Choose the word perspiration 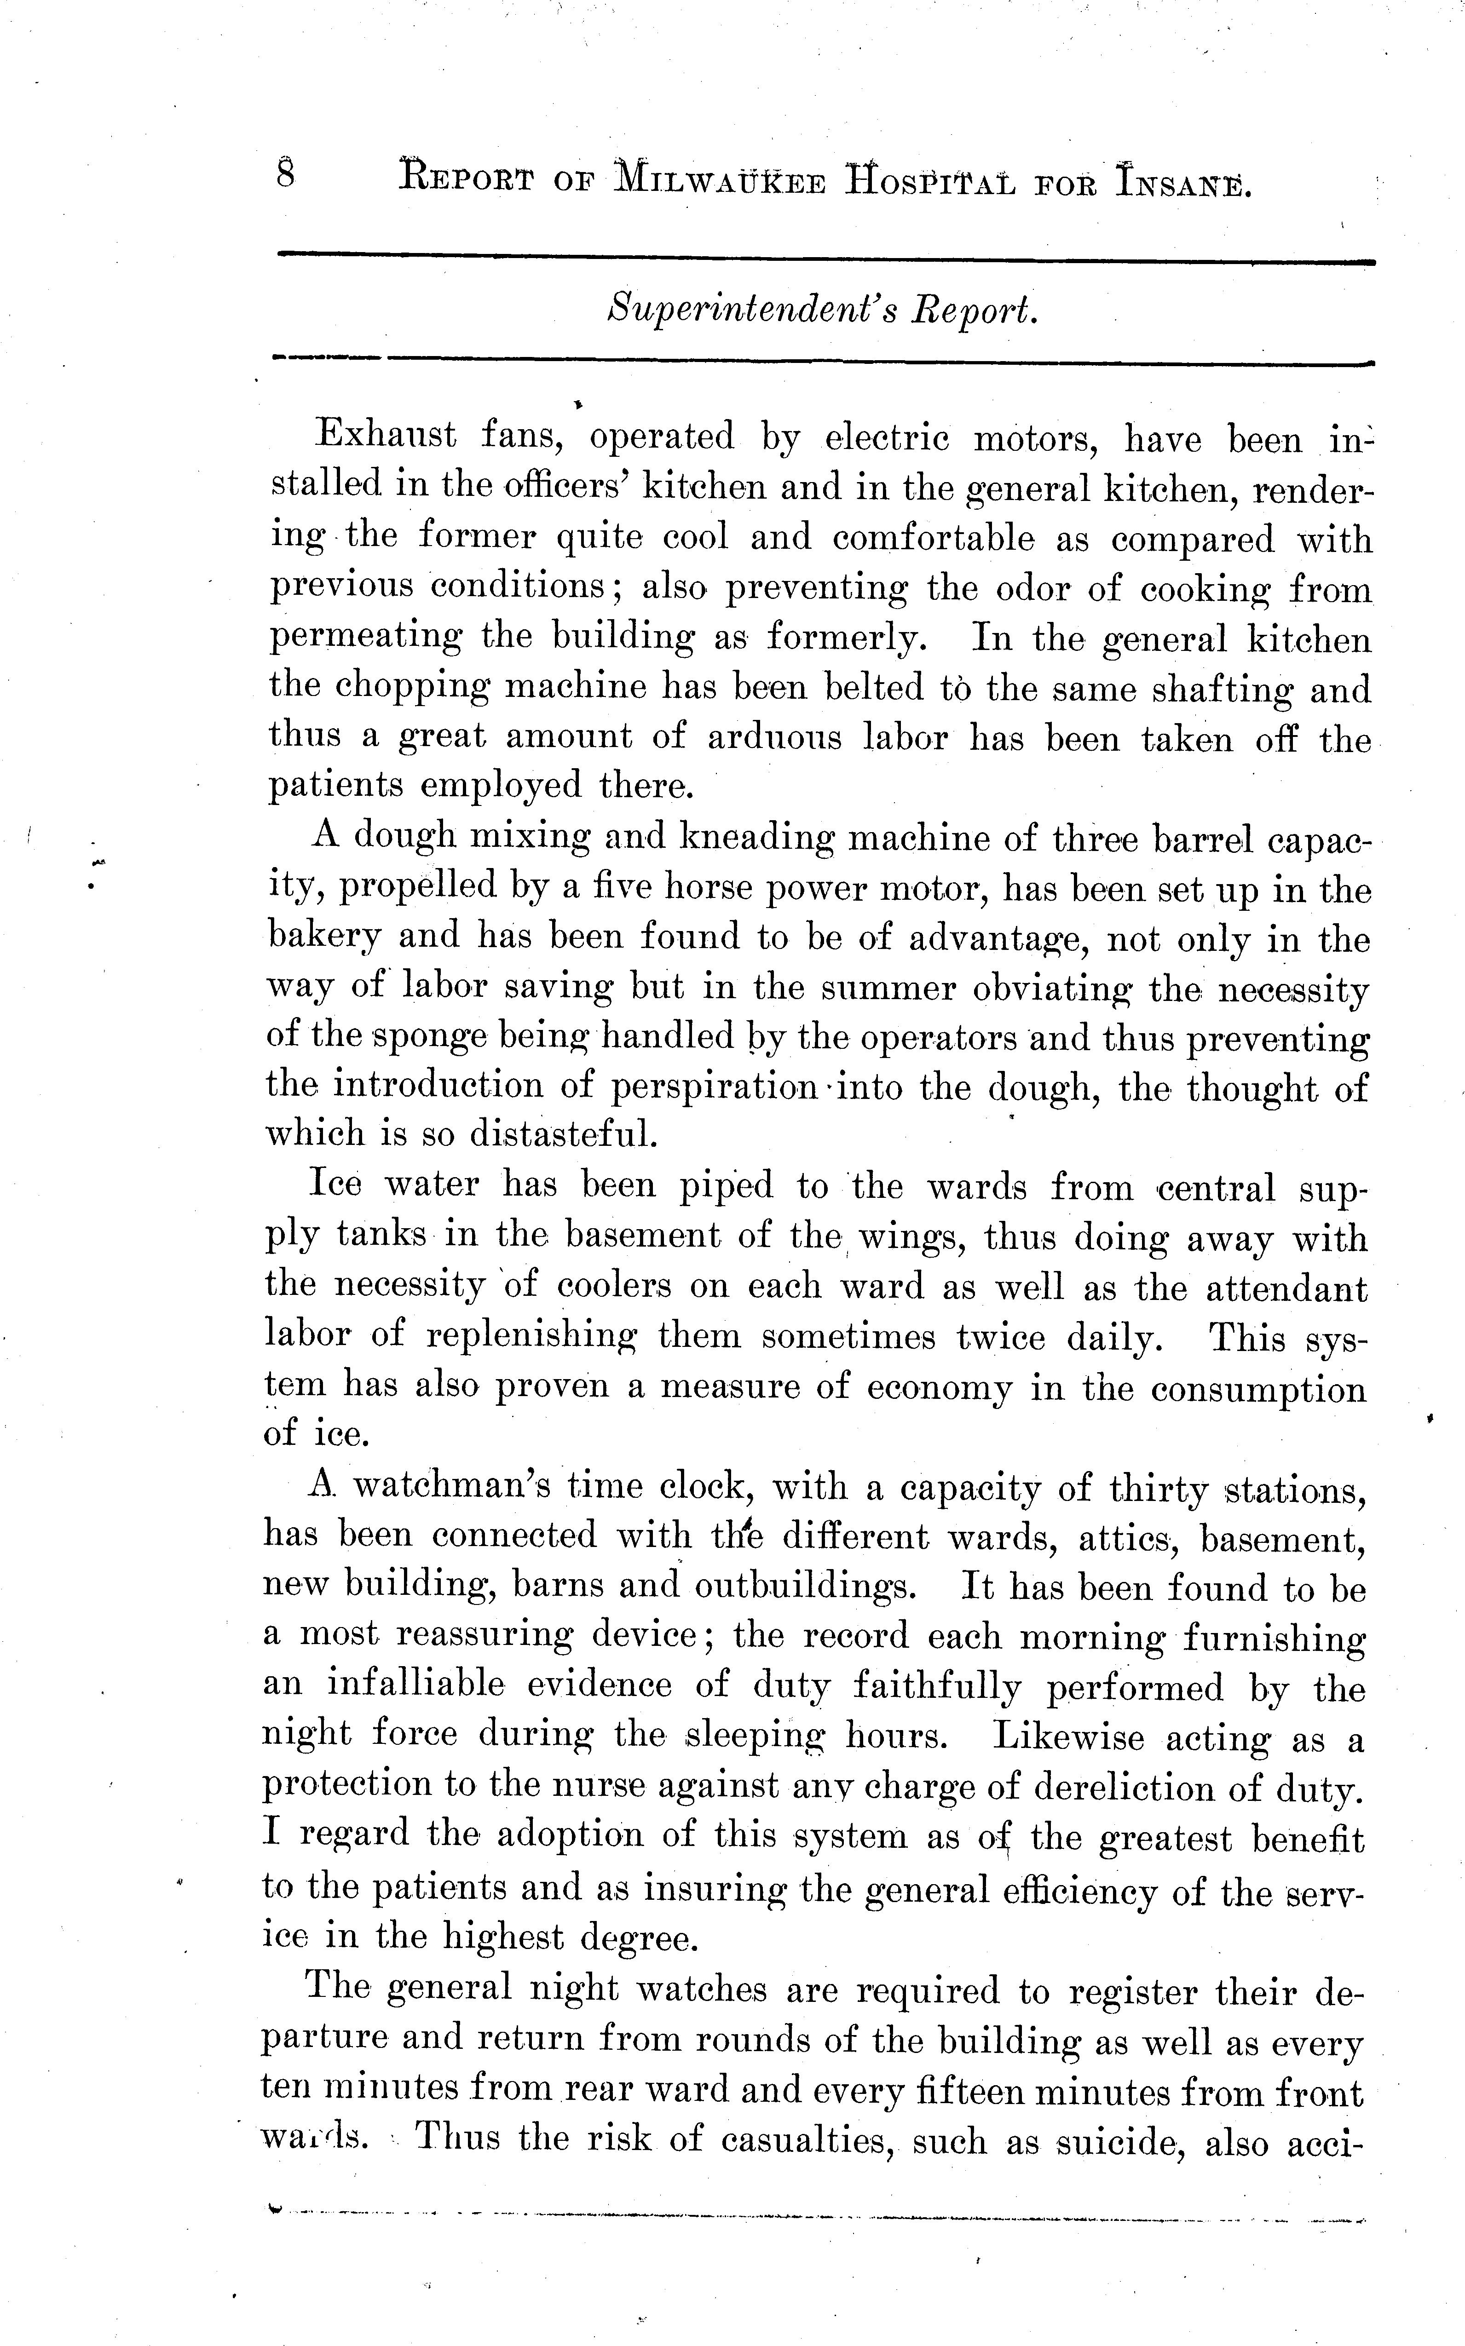point(717,1087)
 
